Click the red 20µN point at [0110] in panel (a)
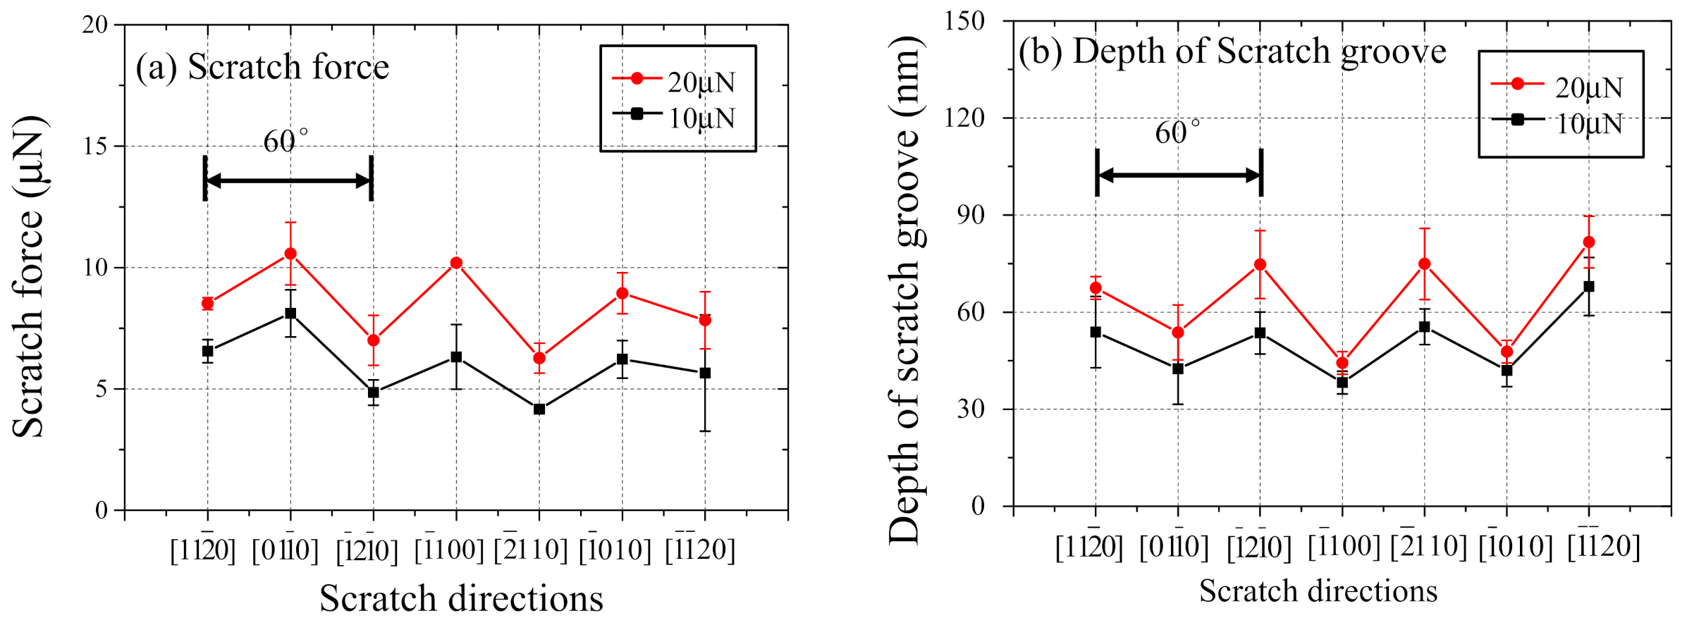tap(290, 254)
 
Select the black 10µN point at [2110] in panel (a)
tap(539, 409)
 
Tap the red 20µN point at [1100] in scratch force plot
tap(456, 263)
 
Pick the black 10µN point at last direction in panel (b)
tap(1589, 287)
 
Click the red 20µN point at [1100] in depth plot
tap(1342, 363)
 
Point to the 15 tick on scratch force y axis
tap(95, 147)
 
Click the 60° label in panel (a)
tap(285, 141)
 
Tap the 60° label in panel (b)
tap(1177, 132)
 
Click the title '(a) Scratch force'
tap(262, 68)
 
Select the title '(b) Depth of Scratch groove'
tap(1232, 51)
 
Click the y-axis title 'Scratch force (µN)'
tap(30, 277)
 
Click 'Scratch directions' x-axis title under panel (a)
tap(461, 599)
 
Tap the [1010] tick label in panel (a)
tap(615, 550)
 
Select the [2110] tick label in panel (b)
tap(1428, 546)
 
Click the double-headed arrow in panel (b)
tap(1179, 175)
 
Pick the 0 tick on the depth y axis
tap(978, 506)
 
